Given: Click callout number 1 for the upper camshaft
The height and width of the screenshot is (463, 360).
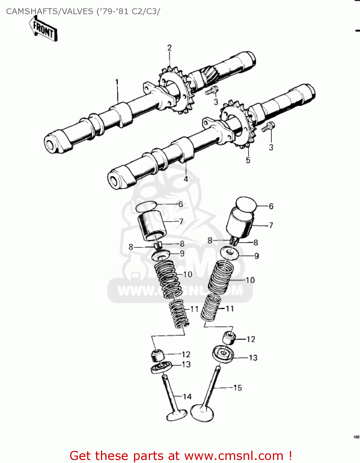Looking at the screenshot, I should coord(117,82).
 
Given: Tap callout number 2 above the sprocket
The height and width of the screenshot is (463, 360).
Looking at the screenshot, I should coord(169,48).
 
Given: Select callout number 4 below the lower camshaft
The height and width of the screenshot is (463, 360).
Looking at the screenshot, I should coord(186,179).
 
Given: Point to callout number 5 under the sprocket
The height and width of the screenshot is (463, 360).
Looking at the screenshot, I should coord(248,160).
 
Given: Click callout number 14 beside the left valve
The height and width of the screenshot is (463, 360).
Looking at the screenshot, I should coord(187,397).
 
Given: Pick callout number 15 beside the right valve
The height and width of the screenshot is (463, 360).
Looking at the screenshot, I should coord(237,388).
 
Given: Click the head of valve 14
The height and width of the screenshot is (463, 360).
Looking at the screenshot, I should coord(177,415).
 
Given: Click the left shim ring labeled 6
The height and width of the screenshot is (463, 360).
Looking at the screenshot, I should coord(147,206).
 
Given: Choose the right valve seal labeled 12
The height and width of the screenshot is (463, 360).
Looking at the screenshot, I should coord(229,337).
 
